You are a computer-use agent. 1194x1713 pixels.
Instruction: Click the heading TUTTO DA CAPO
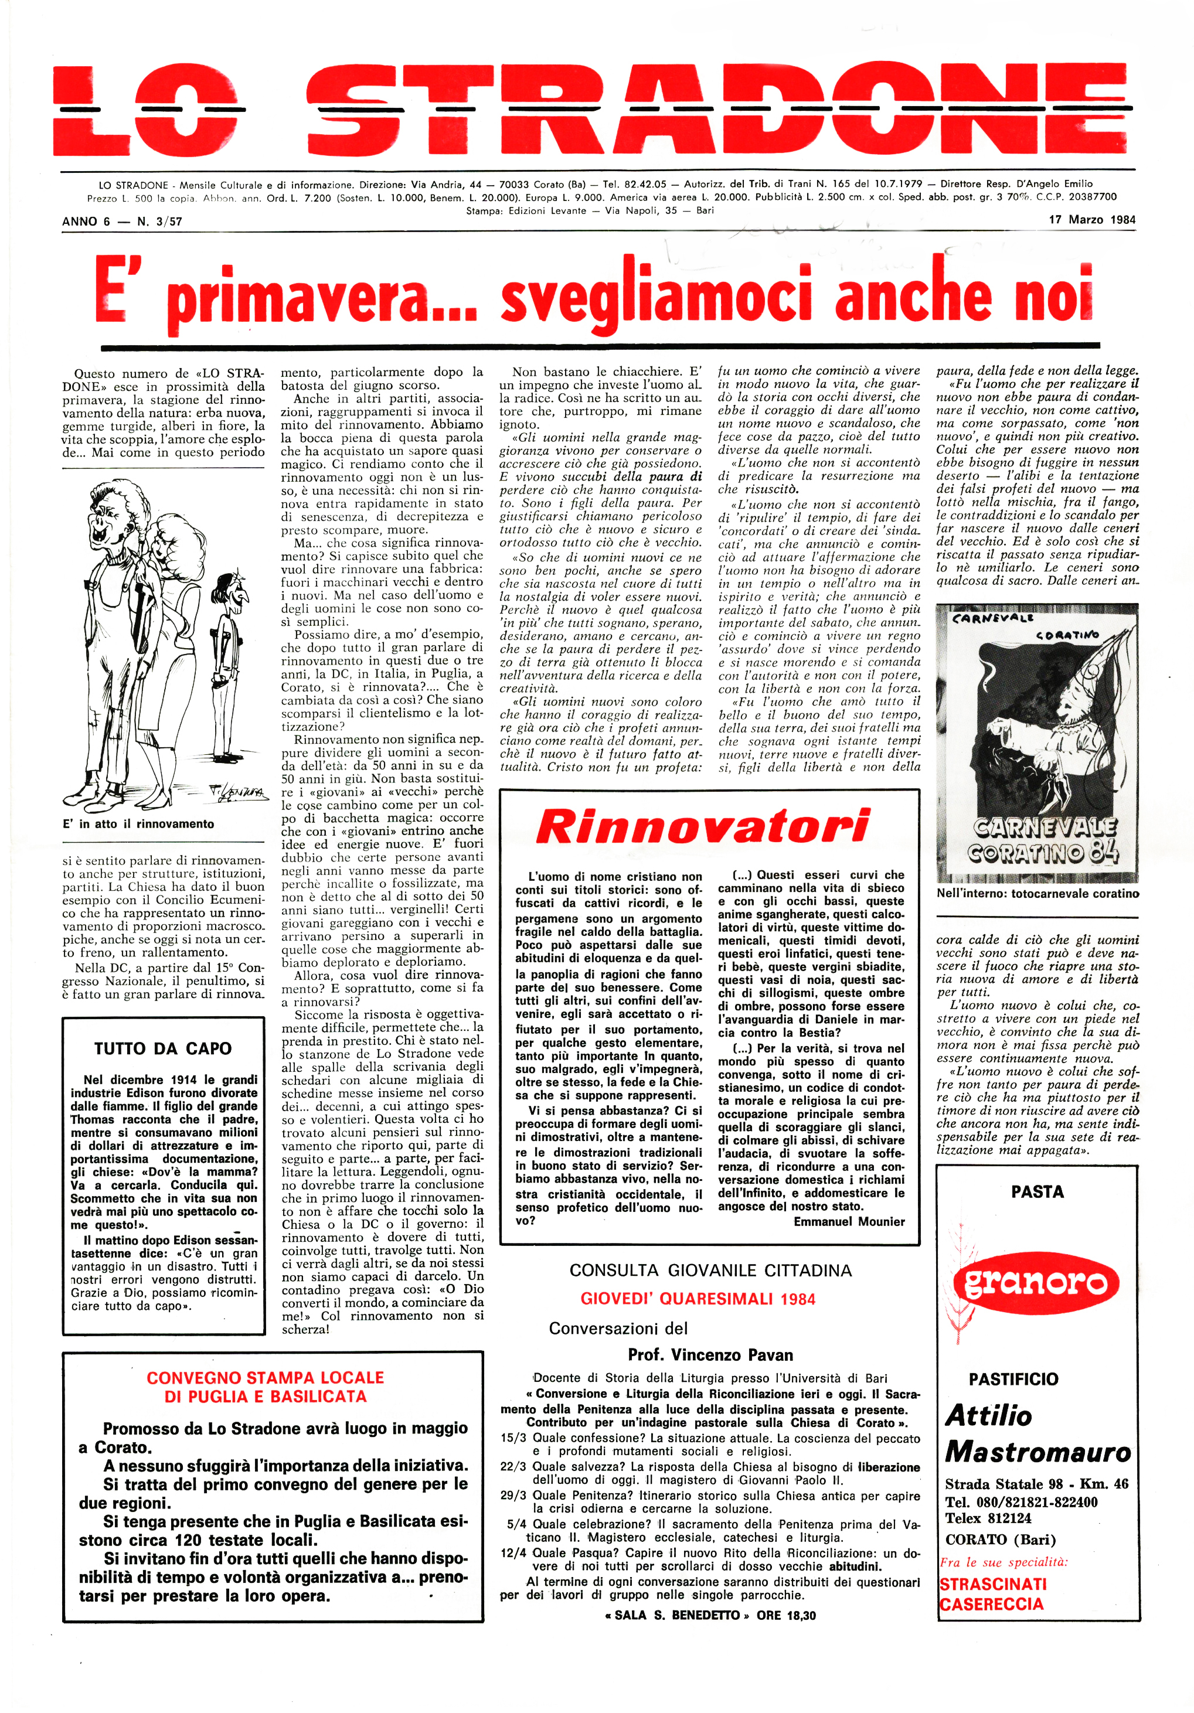pos(163,1048)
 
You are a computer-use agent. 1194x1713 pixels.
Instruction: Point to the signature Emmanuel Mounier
pos(849,1221)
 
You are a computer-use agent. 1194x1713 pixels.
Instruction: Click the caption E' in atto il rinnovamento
pos(139,823)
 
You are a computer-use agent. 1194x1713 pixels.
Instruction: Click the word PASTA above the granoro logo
pos(1036,1191)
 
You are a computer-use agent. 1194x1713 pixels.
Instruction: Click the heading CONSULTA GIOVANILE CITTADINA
pos(710,1270)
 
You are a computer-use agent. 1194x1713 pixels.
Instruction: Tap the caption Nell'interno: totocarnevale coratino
pos(1038,893)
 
